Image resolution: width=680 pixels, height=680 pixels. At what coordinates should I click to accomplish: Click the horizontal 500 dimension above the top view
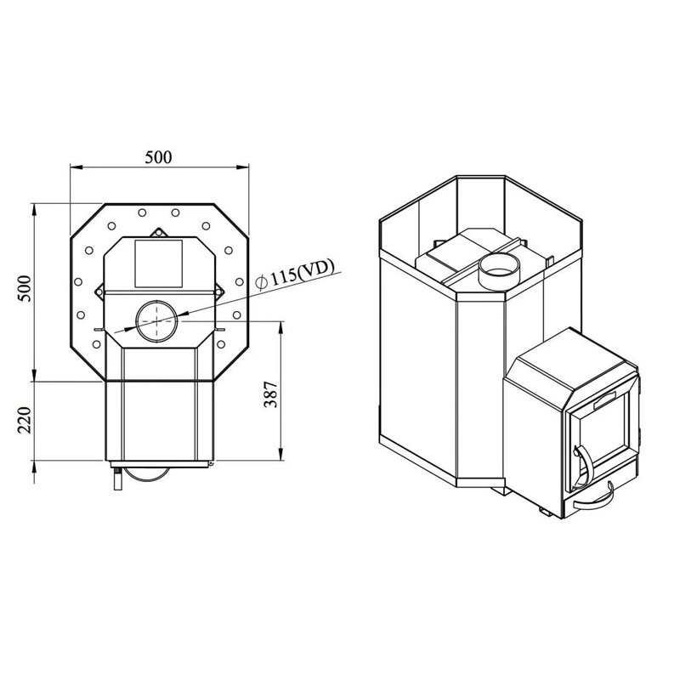(158, 157)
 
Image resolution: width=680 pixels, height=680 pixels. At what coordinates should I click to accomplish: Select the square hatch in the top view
(158, 262)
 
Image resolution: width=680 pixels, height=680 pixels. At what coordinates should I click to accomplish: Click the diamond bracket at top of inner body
(157, 232)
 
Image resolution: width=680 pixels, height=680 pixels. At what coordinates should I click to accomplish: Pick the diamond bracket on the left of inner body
(97, 292)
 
